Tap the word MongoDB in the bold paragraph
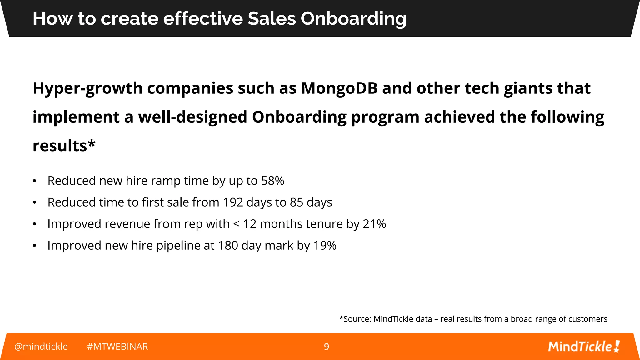tap(339, 88)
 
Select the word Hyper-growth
tap(88, 89)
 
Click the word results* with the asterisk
tap(64, 146)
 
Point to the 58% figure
tap(272, 181)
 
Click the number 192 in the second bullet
tap(233, 202)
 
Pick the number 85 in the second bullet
tap(296, 202)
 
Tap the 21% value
tap(374, 224)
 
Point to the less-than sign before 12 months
tap(236, 224)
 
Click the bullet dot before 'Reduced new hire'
tap(35, 181)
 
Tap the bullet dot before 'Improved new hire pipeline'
tap(35, 246)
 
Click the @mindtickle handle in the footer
tap(41, 347)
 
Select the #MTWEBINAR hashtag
tap(117, 347)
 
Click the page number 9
tap(326, 347)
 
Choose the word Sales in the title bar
tap(272, 19)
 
